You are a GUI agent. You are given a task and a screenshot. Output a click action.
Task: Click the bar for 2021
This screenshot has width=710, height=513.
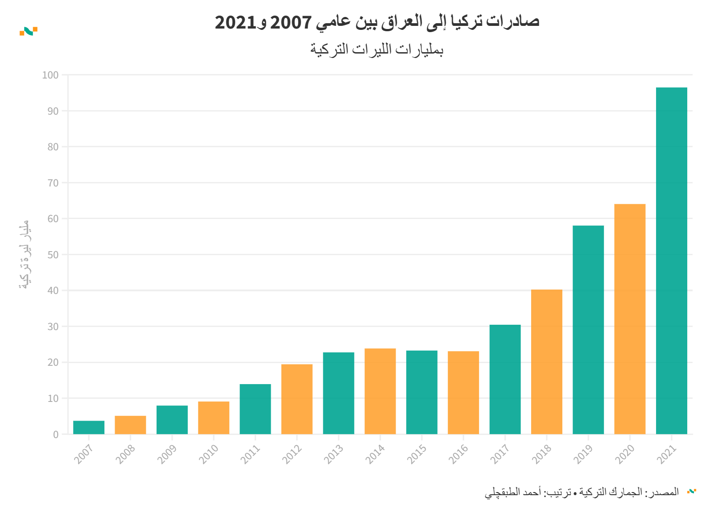(671, 261)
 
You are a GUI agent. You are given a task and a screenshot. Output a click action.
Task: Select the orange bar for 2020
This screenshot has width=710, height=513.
(630, 319)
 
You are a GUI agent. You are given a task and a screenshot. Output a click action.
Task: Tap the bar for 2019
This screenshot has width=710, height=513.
(588, 330)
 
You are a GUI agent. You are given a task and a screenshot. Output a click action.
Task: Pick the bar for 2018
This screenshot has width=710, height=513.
(546, 362)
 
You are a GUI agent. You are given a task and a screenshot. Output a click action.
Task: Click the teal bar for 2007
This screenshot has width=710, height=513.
(89, 427)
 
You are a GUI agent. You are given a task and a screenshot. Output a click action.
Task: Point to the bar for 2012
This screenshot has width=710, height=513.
(297, 399)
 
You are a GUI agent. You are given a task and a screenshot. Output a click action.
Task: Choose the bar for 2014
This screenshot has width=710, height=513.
(380, 391)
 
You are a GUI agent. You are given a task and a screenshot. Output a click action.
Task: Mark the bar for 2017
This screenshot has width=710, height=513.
(505, 379)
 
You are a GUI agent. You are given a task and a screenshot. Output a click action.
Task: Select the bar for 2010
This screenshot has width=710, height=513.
(214, 418)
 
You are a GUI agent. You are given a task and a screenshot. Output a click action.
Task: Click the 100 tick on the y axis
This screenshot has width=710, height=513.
(50, 75)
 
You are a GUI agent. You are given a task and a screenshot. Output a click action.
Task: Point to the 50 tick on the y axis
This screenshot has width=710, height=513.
(53, 255)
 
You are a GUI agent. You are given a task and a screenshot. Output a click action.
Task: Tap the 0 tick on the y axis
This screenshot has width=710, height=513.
(56, 434)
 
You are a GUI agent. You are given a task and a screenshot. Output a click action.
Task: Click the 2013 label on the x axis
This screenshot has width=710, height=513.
(334, 454)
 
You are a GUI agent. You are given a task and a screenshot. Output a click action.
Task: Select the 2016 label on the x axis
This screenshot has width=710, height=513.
(458, 454)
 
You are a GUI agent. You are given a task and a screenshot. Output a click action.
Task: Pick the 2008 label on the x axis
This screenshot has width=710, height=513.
(125, 454)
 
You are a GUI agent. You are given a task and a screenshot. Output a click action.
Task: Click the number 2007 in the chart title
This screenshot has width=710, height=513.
(291, 22)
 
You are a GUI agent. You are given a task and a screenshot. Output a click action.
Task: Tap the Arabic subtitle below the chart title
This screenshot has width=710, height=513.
(377, 49)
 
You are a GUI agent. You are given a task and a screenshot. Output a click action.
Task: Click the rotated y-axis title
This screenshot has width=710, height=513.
(25, 255)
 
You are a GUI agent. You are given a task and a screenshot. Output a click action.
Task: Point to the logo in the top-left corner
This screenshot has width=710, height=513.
(29, 31)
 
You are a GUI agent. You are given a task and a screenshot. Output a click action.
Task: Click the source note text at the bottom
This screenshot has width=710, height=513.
(582, 492)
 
